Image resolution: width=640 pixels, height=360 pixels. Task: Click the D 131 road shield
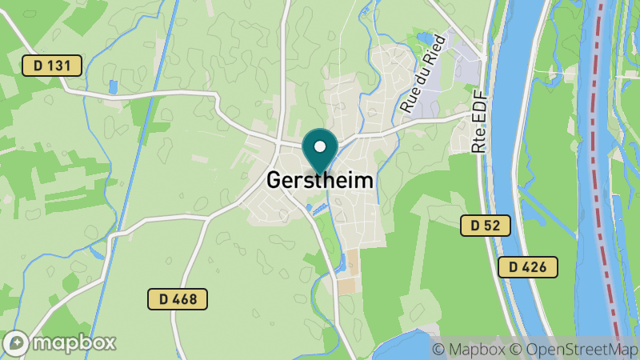(52, 66)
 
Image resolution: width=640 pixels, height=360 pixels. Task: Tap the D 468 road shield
(178, 299)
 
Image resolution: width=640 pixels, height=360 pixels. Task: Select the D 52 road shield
(486, 226)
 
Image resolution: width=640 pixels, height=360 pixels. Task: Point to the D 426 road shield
(527, 267)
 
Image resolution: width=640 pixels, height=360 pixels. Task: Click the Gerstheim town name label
(319, 181)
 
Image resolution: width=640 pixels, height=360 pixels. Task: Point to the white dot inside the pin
(320, 147)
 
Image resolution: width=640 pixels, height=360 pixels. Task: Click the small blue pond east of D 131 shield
(113, 86)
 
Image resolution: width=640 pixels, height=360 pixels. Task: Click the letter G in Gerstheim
(273, 181)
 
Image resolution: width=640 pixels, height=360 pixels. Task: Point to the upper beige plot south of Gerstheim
(353, 261)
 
